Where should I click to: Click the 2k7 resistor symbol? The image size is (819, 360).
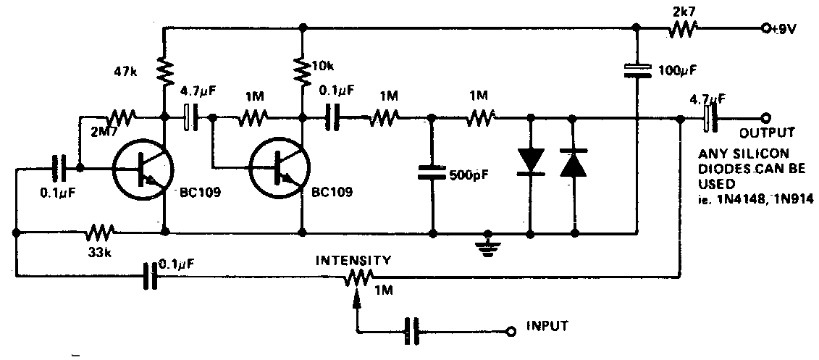(682, 29)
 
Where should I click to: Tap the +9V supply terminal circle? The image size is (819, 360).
(765, 29)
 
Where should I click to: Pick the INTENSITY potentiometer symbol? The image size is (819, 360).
(358, 276)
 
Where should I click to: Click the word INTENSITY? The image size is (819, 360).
(354, 259)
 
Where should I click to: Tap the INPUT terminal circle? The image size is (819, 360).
(511, 332)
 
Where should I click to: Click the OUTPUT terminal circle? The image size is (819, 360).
(765, 118)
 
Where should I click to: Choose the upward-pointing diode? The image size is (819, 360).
(574, 164)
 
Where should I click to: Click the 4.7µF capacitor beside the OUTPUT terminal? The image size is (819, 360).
(711, 118)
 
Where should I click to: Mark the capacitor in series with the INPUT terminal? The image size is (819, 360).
(412, 332)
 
